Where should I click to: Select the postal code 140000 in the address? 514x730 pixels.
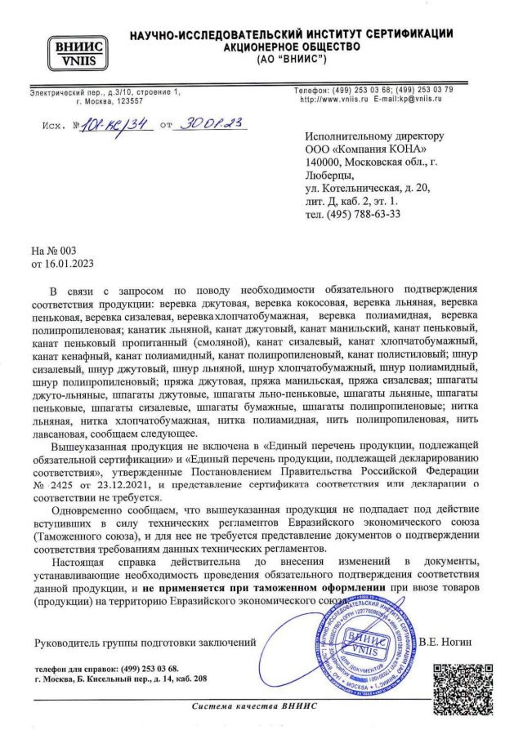coord(327,162)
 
